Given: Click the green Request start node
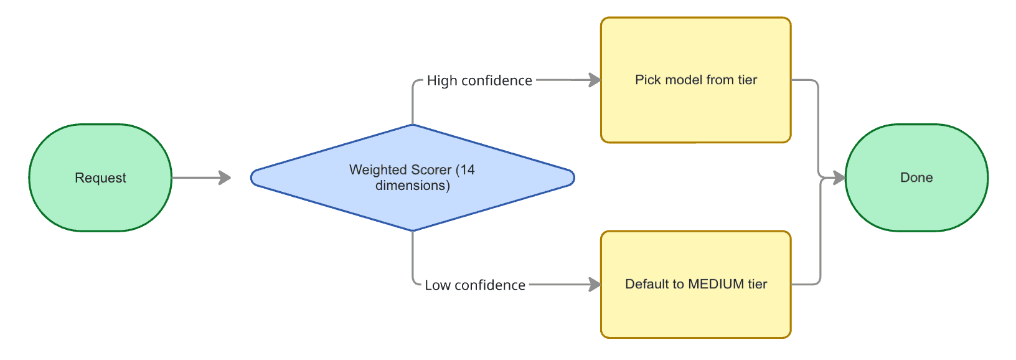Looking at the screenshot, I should click(x=100, y=178).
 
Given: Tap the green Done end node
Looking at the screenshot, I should click(x=916, y=178).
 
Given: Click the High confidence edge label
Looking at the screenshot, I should click(x=479, y=81).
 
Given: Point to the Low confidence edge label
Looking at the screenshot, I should click(x=475, y=285).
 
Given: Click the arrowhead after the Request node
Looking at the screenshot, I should click(x=225, y=178).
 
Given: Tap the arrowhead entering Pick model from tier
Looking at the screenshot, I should click(x=595, y=80).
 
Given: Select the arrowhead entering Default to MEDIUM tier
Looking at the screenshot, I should click(x=595, y=285).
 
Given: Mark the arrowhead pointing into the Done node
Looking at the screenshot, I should click(x=839, y=178).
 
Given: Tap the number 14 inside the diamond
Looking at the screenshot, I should click(x=468, y=169).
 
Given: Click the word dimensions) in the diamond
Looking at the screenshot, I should click(x=412, y=186).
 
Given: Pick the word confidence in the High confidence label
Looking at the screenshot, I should click(x=497, y=81).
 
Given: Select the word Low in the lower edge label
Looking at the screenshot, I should click(x=438, y=285).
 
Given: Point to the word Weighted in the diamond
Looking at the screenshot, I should click(x=375, y=169).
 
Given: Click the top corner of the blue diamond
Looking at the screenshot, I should click(x=412, y=126).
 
